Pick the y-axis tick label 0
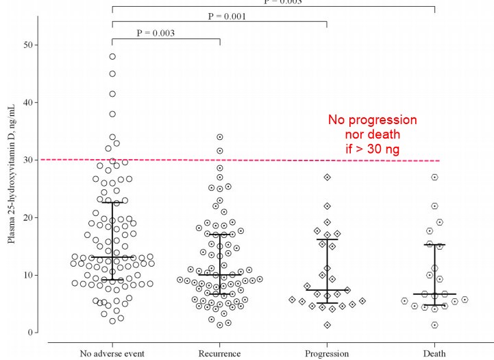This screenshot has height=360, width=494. [32, 333]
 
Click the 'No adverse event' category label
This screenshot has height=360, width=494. [112, 353]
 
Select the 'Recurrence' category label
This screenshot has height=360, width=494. [220, 353]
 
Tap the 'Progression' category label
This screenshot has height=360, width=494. [327, 353]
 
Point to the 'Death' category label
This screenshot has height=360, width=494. [434, 353]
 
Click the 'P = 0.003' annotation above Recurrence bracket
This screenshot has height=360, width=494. [156, 32]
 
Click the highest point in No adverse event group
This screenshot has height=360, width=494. [112, 56]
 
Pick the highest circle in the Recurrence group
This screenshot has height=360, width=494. [220, 137]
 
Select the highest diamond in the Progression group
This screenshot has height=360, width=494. [328, 177]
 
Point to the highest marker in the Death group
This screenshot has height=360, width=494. [434, 177]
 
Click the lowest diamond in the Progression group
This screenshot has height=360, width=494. [328, 325]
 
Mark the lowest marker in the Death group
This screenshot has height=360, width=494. [434, 325]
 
